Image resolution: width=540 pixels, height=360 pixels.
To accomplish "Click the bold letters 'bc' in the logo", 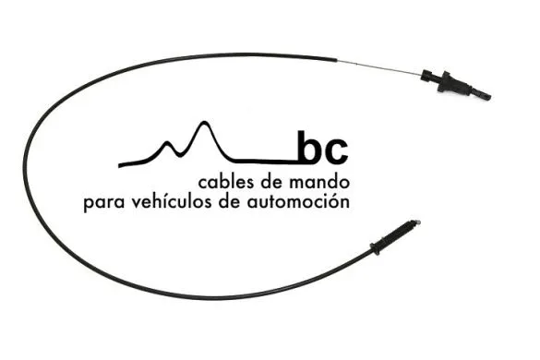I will click(x=322, y=149).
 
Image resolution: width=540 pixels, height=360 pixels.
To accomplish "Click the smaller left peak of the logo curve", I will click(x=170, y=144).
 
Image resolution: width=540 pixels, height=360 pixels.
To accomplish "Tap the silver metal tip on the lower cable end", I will click(x=416, y=222).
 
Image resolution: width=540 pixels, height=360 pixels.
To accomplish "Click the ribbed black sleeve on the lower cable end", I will click(x=398, y=234).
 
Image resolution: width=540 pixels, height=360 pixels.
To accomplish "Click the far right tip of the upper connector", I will click(x=487, y=96).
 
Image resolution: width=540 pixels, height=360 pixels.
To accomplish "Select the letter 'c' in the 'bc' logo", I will click(x=336, y=151).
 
